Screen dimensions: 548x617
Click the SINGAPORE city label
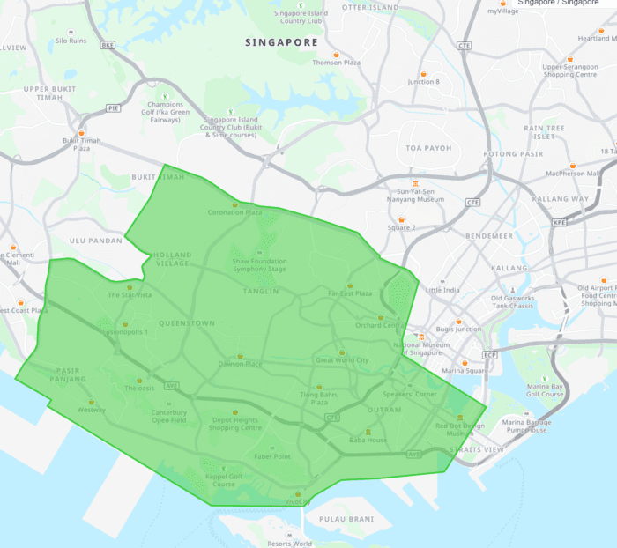[280, 42]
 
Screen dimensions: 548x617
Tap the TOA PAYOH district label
[427, 148]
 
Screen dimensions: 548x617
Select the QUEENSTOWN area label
[186, 323]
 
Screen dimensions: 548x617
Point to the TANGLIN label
[261, 291]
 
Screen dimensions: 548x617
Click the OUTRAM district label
[384, 410]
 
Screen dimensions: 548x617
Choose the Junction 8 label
[423, 82]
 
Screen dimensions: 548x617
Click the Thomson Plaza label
[336, 63]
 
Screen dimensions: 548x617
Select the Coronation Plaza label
[234, 212]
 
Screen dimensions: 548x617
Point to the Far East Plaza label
[350, 293]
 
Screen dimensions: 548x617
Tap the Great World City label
[342, 359]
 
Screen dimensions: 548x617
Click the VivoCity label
[298, 501]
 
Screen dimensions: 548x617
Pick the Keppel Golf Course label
[223, 480]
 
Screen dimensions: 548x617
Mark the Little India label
[442, 290]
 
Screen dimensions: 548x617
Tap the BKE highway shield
[108, 45]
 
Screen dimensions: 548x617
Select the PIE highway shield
[113, 107]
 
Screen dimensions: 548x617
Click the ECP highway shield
[489, 355]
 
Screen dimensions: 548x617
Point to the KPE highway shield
[559, 223]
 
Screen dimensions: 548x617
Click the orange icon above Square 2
[402, 219]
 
